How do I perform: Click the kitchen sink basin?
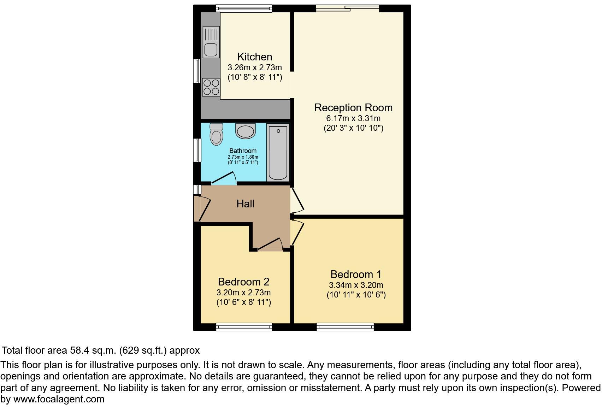(211, 50)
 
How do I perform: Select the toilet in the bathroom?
(216, 134)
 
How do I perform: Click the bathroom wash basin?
(245, 131)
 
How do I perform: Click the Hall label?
(245, 204)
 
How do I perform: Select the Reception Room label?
(353, 108)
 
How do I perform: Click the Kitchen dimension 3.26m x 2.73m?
(255, 67)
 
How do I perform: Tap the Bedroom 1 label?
(356, 275)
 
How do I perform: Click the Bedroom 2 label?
(243, 282)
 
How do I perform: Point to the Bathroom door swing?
(225, 178)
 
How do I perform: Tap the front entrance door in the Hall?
(202, 209)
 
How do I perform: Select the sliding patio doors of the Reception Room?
(347, 7)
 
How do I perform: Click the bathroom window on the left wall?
(197, 150)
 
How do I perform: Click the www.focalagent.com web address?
(59, 399)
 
